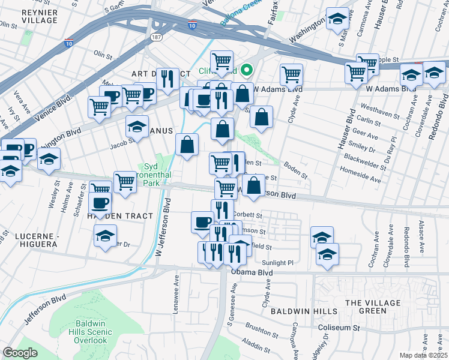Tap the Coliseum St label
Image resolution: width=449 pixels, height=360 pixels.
(339, 328)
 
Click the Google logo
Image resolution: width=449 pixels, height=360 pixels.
(20, 353)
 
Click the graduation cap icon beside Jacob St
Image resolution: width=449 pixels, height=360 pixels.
(137, 127)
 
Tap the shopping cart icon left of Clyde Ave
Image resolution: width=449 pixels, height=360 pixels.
(291, 74)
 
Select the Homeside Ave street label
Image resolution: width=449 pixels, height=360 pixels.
(361, 179)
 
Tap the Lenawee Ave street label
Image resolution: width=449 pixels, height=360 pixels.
(176, 290)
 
